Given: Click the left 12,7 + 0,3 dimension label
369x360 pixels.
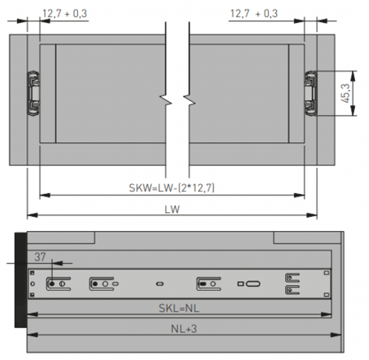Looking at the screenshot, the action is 65,13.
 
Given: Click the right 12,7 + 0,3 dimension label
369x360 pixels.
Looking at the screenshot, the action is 254,13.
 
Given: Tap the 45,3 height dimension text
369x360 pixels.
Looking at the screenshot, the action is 346,94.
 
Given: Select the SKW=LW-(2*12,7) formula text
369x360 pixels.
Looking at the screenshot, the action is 172,188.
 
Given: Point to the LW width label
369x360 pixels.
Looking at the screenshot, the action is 173,210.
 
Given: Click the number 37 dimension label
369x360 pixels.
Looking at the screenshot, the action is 40,257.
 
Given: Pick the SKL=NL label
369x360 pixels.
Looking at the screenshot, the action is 179,308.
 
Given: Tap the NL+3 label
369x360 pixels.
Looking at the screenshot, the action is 184,329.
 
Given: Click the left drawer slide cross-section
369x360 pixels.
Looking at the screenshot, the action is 33,94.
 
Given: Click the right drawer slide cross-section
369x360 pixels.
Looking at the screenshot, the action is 311,94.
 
